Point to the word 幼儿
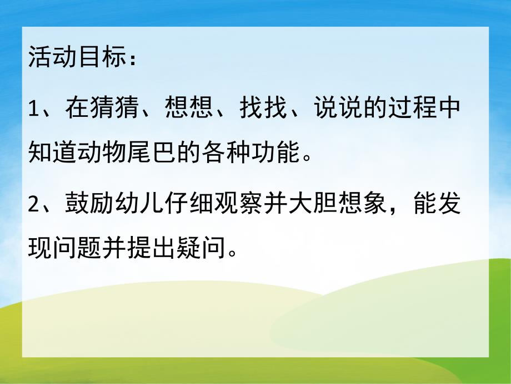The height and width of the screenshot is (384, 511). [141, 206]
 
